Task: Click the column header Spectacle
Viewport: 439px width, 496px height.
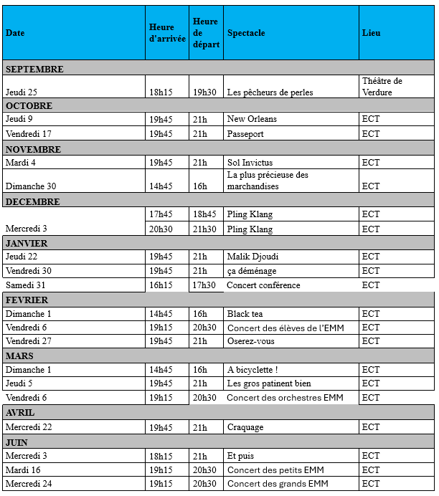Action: [246, 33]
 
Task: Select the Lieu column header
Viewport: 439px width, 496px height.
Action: [372, 33]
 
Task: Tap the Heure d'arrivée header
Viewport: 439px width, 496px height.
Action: [167, 33]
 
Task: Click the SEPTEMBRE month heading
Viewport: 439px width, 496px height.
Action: [34, 70]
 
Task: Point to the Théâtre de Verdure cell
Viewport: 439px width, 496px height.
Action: [382, 87]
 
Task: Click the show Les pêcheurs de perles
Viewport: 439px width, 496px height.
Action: [270, 92]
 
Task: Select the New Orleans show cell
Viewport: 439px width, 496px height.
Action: [252, 119]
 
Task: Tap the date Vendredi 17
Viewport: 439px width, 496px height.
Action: [29, 134]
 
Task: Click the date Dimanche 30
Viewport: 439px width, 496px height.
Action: [31, 186]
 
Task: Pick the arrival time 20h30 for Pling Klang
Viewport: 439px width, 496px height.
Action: [161, 229]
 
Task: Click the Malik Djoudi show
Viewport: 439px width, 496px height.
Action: [252, 257]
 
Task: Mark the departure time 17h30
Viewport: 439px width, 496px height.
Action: [203, 285]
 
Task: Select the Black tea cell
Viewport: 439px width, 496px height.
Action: [245, 314]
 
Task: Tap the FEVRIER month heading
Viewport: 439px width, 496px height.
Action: [27, 300]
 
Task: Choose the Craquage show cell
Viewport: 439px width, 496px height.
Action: [245, 427]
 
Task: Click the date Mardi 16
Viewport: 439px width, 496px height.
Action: [24, 470]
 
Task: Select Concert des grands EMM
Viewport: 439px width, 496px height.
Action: [277, 484]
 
